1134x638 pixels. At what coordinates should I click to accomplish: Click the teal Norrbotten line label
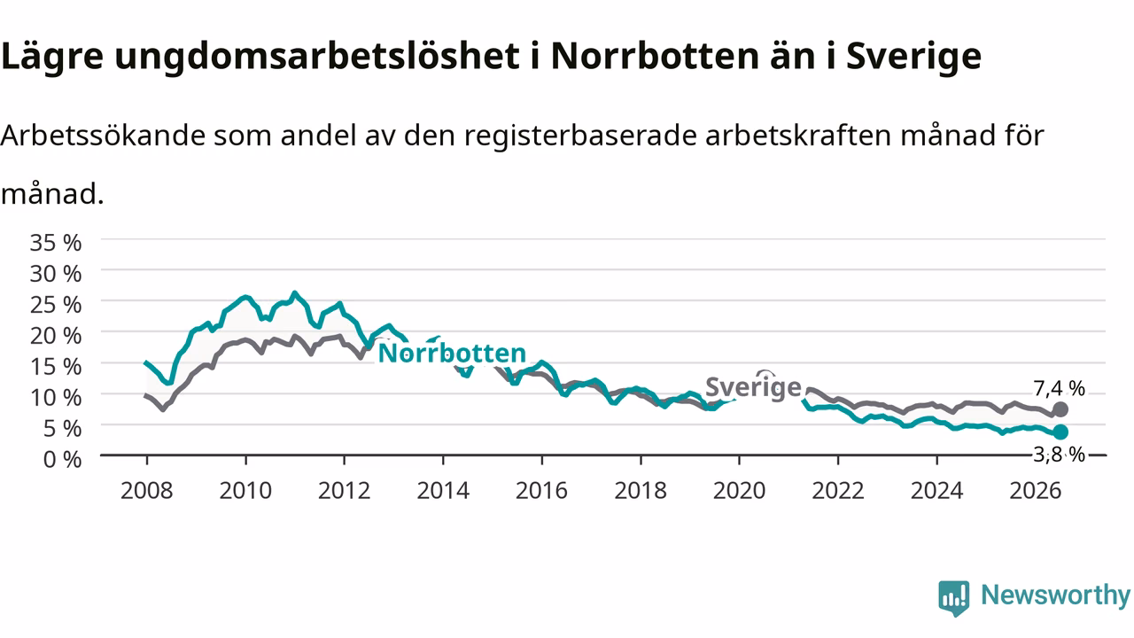click(x=452, y=353)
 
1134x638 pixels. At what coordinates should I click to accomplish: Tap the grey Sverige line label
click(x=753, y=388)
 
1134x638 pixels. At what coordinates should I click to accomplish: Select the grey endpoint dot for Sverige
click(x=1060, y=409)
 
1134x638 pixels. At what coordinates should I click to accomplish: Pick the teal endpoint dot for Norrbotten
click(x=1060, y=432)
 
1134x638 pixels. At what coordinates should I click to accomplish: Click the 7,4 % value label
click(x=1059, y=388)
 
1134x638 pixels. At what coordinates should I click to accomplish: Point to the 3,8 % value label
click(x=1059, y=455)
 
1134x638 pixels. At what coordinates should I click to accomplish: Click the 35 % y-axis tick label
click(x=56, y=243)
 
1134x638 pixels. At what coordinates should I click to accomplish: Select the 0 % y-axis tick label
click(x=63, y=460)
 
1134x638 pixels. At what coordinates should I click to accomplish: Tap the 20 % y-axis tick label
click(x=56, y=336)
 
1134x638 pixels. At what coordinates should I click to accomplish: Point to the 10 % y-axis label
click(x=56, y=398)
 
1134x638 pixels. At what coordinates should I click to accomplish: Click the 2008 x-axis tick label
click(x=147, y=491)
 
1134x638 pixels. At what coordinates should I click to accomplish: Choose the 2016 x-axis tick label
click(x=541, y=491)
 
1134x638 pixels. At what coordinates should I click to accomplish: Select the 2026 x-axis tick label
click(x=1036, y=491)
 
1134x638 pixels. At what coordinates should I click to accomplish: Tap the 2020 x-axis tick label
click(x=739, y=491)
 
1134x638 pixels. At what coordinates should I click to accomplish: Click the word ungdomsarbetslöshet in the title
click(x=317, y=57)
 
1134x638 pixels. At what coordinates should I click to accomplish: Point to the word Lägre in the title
click(x=52, y=57)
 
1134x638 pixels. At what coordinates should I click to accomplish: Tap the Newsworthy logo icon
click(x=954, y=598)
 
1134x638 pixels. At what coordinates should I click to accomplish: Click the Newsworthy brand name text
click(x=1055, y=595)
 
